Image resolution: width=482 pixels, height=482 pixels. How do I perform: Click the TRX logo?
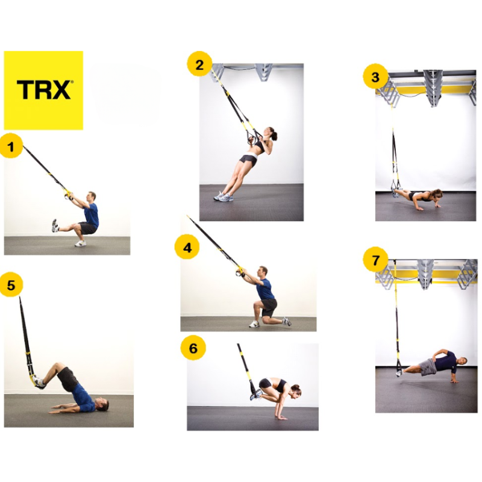coord(43,90)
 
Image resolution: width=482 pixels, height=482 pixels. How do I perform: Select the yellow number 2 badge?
coord(199,63)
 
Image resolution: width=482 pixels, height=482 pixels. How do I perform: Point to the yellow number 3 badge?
coord(375,77)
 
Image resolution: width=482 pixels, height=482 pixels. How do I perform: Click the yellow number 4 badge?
coord(187,246)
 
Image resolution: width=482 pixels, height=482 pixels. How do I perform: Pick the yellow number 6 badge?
coord(193,349)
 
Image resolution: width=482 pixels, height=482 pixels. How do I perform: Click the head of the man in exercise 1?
coord(90,196)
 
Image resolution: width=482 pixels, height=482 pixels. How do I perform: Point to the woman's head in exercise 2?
coord(272,134)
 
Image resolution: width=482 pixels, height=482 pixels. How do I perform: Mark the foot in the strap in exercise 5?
coord(38,381)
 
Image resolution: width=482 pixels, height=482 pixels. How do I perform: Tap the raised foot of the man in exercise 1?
coord(55,225)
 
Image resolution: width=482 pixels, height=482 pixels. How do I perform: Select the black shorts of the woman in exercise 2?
coord(248,160)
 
